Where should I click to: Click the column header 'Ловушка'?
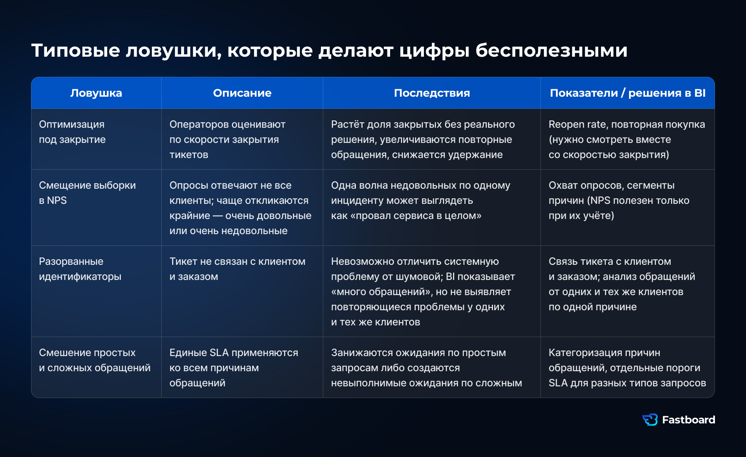click(96, 93)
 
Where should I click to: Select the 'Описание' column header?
click(242, 93)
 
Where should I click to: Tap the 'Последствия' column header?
click(432, 93)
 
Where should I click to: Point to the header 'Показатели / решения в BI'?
click(627, 93)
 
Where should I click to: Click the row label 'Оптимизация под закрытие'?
click(72, 132)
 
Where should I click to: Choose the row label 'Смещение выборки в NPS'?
click(87, 193)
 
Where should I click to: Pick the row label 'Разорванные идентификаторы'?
click(80, 269)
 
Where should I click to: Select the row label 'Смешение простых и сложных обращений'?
click(94, 360)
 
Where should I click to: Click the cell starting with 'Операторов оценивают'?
click(227, 139)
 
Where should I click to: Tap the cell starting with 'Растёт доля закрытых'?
click(423, 139)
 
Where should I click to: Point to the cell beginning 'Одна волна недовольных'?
click(420, 200)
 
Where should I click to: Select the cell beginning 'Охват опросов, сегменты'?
click(619, 200)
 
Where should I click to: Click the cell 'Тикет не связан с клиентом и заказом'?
click(237, 269)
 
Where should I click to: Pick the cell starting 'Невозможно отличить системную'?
click(423, 292)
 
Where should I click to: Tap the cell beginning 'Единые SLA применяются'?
click(234, 368)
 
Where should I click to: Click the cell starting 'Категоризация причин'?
click(627, 368)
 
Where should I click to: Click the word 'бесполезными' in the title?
click(551, 50)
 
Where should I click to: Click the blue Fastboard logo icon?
click(650, 420)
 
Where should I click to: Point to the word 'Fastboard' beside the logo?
click(688, 420)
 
